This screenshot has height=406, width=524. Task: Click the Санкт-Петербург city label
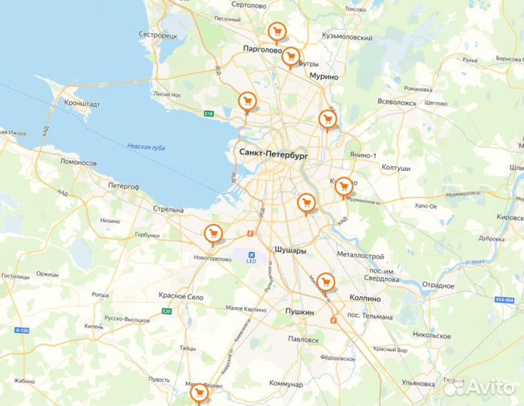(x=274, y=153)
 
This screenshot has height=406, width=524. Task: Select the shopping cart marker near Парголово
(x=277, y=32)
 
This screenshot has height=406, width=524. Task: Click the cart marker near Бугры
(x=290, y=56)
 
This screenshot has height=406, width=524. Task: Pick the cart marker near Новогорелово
(x=213, y=234)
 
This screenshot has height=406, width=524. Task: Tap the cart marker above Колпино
(x=325, y=282)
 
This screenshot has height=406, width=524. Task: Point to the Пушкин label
(x=298, y=311)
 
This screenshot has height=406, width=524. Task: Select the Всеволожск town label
(x=397, y=102)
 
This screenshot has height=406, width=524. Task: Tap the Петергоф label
(x=124, y=185)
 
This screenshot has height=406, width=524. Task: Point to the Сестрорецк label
(x=158, y=35)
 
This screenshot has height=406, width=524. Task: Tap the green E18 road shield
(x=209, y=114)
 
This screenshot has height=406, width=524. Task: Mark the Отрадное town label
(x=438, y=286)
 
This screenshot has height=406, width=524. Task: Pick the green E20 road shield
(x=167, y=311)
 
